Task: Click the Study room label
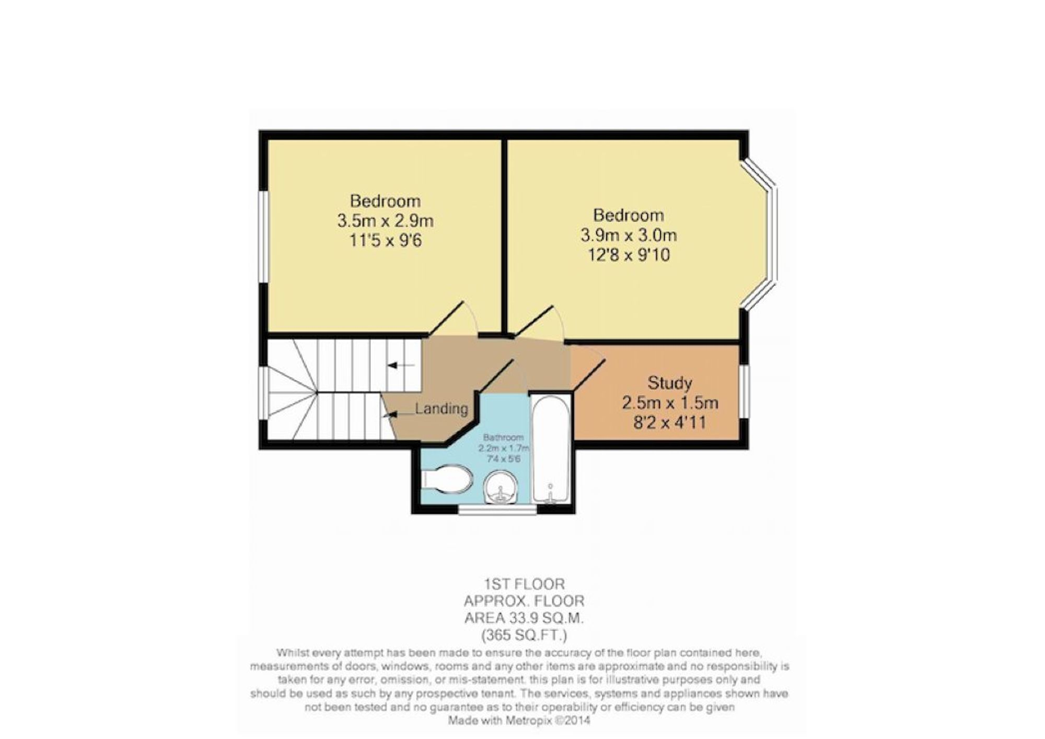pos(669,383)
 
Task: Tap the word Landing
pos(442,408)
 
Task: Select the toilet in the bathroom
pos(446,479)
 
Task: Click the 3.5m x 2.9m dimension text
pos(385,221)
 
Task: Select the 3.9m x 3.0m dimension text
pos(629,235)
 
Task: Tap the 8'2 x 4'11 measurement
pos(669,422)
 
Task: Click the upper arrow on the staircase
pos(400,366)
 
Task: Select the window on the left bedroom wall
pos(263,237)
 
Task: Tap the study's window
pos(744,392)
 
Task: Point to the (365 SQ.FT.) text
pos(524,636)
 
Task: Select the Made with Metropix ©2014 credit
pos(519,721)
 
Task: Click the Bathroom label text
pos(503,438)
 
